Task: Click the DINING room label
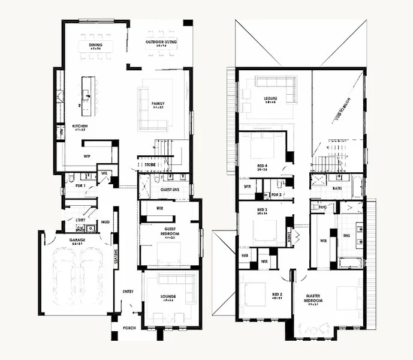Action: [95, 45]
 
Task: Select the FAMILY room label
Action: [158, 104]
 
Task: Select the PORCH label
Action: [129, 328]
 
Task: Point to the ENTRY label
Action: [128, 292]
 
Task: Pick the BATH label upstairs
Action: [337, 188]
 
